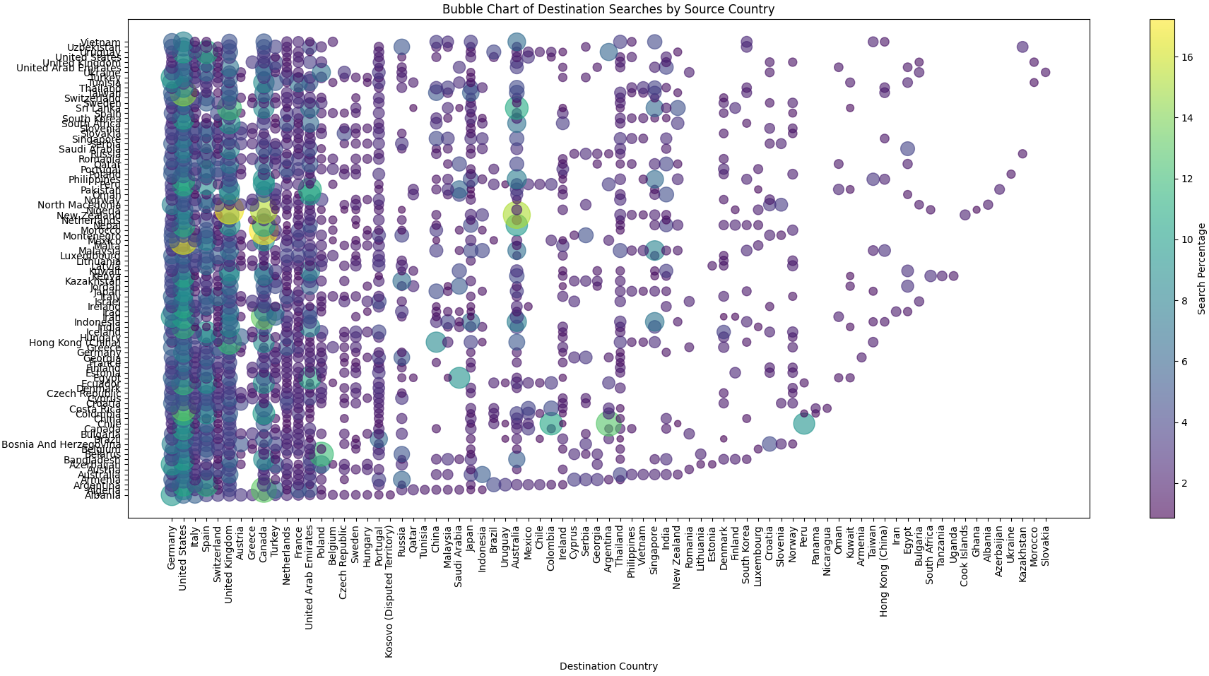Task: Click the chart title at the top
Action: tap(608, 9)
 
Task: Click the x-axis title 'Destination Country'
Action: tap(608, 666)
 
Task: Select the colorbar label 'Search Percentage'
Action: tap(1201, 268)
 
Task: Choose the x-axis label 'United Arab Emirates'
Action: tap(309, 572)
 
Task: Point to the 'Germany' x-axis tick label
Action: tap(171, 550)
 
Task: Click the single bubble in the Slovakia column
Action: tap(1045, 72)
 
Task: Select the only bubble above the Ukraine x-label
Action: tap(1010, 174)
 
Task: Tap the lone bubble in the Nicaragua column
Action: tap(827, 408)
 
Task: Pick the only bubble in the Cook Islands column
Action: tap(965, 215)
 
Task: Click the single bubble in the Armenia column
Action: tap(861, 357)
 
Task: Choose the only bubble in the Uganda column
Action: tap(953, 275)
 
